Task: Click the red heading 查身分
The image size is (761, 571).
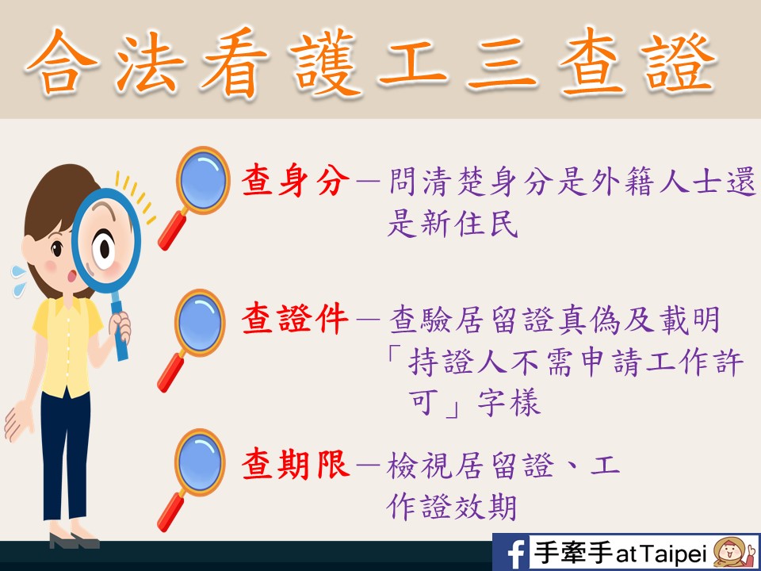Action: pyautogui.click(x=296, y=180)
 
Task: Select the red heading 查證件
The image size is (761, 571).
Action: pyautogui.click(x=296, y=319)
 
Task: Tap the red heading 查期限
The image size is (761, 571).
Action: pyautogui.click(x=296, y=465)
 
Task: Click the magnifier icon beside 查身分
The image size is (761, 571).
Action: pyautogui.click(x=194, y=197)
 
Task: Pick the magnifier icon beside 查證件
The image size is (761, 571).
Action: pyautogui.click(x=192, y=340)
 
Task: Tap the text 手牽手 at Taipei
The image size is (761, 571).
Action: pyautogui.click(x=620, y=553)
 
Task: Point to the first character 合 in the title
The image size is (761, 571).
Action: pyautogui.click(x=62, y=63)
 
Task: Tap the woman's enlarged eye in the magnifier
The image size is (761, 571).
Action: pyautogui.click(x=104, y=247)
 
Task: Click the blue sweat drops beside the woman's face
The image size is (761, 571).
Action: pyautogui.click(x=19, y=280)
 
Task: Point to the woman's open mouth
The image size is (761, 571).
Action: pyautogui.click(x=73, y=276)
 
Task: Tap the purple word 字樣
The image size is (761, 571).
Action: pyautogui.click(x=509, y=403)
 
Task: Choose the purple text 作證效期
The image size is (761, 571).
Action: pyautogui.click(x=451, y=508)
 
